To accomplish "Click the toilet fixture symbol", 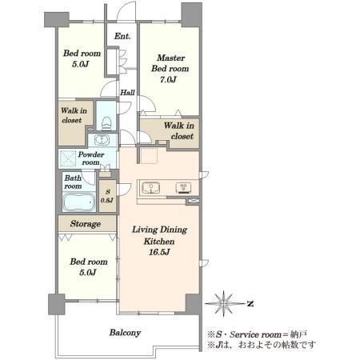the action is point(106,123).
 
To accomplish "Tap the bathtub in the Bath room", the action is point(79,202).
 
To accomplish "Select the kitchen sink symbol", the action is point(151,188).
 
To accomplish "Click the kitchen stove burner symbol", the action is point(183,188).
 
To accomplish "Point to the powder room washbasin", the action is point(102,139).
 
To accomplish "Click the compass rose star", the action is point(224,303).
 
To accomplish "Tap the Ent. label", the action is point(122,36).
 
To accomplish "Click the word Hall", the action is point(127,93).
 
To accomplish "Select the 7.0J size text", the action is point(168,79).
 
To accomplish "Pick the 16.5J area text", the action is point(159,252).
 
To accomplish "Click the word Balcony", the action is point(125,333).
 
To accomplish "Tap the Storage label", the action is point(86,224).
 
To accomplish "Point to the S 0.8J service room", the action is point(107,196).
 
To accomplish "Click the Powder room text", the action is point(91,158).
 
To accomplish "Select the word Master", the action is point(171,58).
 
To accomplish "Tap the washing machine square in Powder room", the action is point(68,158).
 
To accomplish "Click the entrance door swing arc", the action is point(126,10).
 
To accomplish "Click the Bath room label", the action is point(73,182).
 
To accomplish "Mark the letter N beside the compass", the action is point(250,304).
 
